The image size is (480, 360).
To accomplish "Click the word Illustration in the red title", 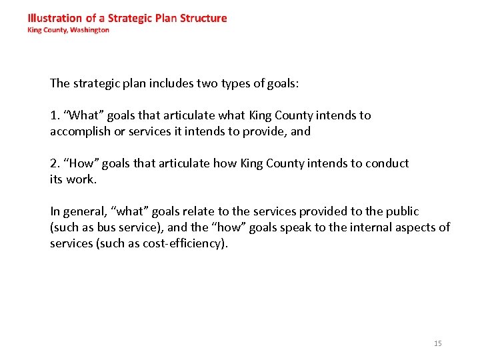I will [54, 18].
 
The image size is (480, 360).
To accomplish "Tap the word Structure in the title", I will [203, 18].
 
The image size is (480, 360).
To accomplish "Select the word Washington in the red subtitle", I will [87, 30].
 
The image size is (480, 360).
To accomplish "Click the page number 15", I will [437, 343].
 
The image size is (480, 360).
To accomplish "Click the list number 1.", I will [53, 115].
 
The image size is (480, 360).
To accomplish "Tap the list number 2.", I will [53, 163].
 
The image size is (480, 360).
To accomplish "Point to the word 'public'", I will [402, 211].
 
